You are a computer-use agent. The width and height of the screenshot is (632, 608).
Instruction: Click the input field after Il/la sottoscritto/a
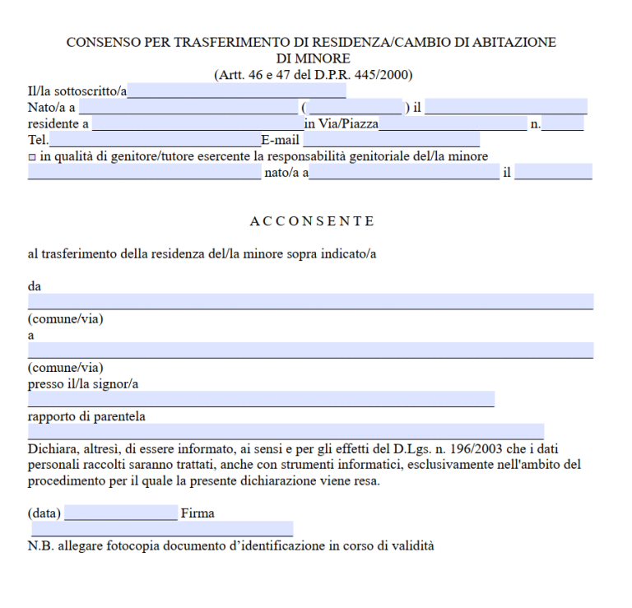(236, 91)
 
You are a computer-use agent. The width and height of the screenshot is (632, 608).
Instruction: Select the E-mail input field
(391, 140)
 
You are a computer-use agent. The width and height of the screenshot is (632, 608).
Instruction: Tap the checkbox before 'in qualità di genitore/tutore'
(32, 157)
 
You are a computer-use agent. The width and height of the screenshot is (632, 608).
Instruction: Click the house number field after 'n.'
(563, 123)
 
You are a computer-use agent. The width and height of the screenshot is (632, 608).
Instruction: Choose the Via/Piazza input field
(453, 123)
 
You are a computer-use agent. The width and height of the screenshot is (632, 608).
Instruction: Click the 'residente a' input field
(197, 123)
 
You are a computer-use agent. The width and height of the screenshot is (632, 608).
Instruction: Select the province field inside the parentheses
(355, 107)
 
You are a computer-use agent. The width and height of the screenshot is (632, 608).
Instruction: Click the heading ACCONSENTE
(312, 221)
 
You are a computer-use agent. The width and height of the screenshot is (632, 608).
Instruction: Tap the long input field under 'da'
(310, 301)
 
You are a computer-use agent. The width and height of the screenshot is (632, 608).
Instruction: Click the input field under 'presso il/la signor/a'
(261, 399)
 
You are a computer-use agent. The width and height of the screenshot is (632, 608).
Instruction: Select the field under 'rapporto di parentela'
(286, 431)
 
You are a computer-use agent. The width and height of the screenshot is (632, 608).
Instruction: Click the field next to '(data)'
(121, 513)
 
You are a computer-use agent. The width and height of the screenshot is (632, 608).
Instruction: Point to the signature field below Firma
(162, 528)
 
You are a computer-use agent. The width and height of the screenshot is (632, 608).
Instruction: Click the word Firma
(197, 513)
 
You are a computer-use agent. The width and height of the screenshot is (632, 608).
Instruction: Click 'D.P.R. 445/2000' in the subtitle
(367, 75)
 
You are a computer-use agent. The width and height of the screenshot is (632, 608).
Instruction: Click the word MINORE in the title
(313, 58)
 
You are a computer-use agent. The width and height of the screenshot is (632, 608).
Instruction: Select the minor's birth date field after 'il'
(553, 172)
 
